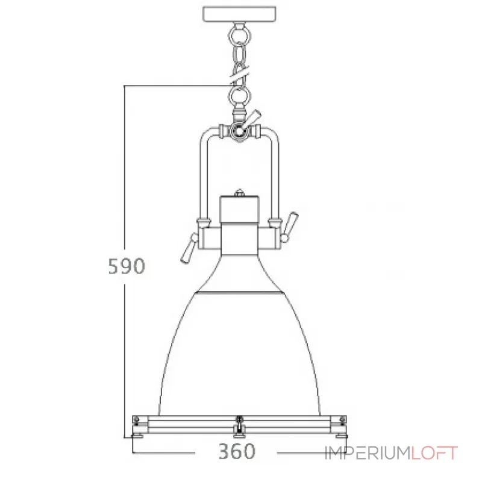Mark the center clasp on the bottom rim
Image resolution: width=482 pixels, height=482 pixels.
tap(240, 425)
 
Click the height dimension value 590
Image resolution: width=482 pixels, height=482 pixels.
tap(126, 266)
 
